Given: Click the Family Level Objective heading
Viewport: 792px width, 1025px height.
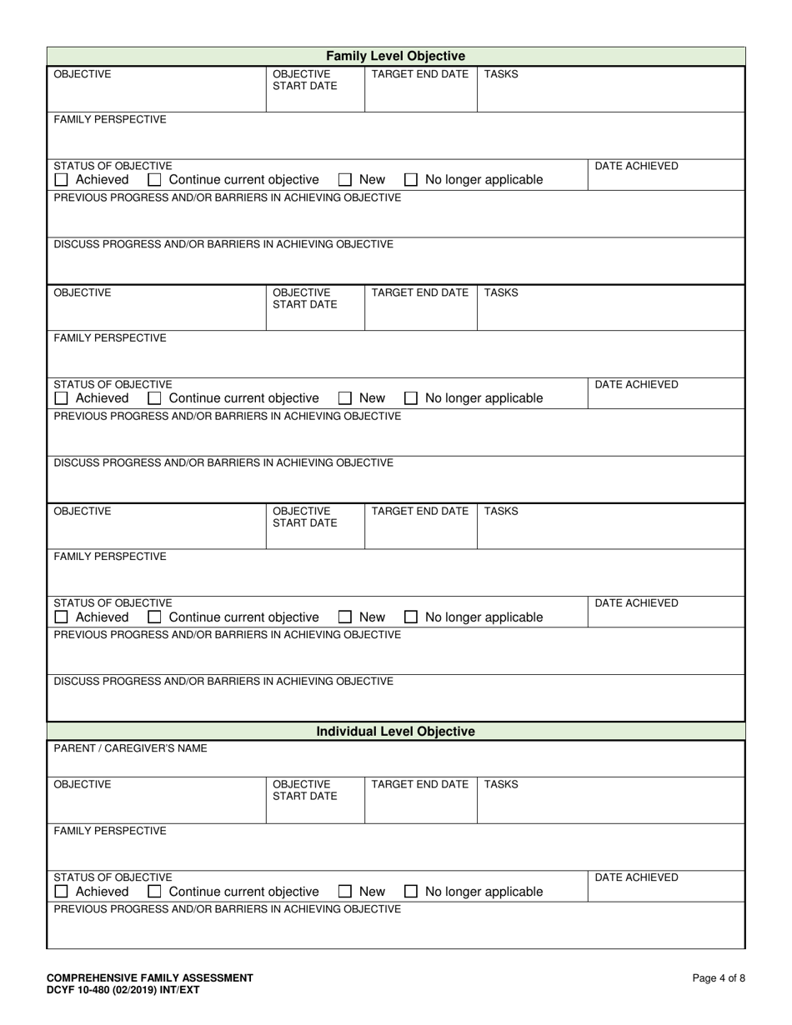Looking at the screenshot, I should [x=395, y=56].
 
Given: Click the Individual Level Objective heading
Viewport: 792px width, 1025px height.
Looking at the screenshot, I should [x=395, y=731].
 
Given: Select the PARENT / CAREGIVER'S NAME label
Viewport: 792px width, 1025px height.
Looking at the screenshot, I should [x=131, y=748].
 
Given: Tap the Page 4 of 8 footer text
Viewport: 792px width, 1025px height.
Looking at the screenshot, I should [x=719, y=978].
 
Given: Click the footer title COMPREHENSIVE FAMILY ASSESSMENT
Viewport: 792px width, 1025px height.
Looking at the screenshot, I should [x=150, y=978].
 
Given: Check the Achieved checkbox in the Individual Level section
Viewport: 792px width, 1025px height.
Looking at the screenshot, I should [x=61, y=892].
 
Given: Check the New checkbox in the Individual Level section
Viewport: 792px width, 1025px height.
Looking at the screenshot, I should [x=345, y=892].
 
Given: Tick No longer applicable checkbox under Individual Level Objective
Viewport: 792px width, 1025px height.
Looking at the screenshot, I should [x=411, y=892].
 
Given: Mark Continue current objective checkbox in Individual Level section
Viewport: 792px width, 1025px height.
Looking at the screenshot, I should [x=154, y=892].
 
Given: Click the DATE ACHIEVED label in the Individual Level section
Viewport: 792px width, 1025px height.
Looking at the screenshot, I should [x=636, y=877].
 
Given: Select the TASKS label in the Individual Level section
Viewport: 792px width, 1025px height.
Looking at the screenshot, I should [x=501, y=784].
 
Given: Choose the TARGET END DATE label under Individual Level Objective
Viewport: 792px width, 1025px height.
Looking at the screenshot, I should [x=419, y=784].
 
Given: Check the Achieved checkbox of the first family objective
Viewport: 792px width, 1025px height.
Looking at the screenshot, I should [x=61, y=180].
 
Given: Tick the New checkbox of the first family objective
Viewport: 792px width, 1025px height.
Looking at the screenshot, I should [x=345, y=180].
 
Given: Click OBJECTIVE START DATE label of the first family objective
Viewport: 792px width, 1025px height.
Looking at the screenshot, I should [x=305, y=80].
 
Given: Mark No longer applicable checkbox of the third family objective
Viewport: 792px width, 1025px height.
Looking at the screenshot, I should [x=411, y=617].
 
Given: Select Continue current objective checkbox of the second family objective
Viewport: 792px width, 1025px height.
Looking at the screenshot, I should [x=154, y=398].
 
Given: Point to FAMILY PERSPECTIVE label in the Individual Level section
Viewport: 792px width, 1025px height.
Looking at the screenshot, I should [x=110, y=831].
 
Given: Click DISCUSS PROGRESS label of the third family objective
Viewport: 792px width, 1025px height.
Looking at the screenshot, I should [x=223, y=681].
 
